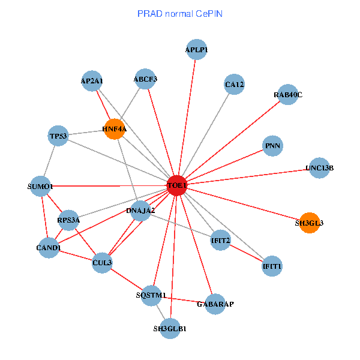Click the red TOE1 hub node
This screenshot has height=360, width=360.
177,186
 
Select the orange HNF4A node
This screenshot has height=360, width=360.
114,129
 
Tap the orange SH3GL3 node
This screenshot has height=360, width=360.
309,223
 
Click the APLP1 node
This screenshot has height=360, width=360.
196,50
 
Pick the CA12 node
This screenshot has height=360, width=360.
234,85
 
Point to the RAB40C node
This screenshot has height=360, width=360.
288,95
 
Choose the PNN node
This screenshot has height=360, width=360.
273,146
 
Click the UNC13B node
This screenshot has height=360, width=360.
319,167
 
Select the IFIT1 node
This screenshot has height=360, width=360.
272,265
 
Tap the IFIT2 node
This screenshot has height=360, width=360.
221,241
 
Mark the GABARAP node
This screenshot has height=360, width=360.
215,304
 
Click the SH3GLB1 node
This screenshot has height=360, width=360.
170,329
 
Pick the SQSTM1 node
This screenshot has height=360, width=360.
151,295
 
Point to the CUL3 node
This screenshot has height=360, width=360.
102,262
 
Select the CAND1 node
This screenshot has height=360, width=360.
49,248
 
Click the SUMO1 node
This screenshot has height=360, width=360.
41,186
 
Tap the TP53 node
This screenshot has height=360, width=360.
59,136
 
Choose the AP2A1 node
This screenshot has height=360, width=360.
92,81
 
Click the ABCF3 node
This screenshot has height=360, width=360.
145,79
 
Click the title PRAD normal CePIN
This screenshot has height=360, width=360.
180,13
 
